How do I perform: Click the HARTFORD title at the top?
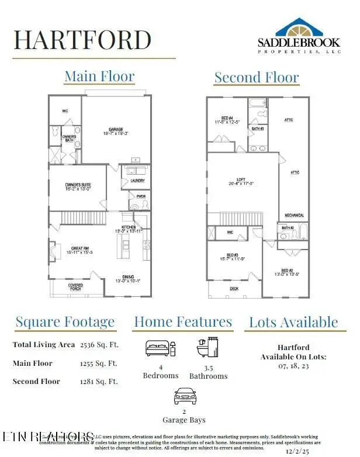(82, 40)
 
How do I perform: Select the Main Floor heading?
(99, 77)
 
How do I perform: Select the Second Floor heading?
(256, 77)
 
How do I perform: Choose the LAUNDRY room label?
(137, 181)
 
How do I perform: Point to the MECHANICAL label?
(294, 216)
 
